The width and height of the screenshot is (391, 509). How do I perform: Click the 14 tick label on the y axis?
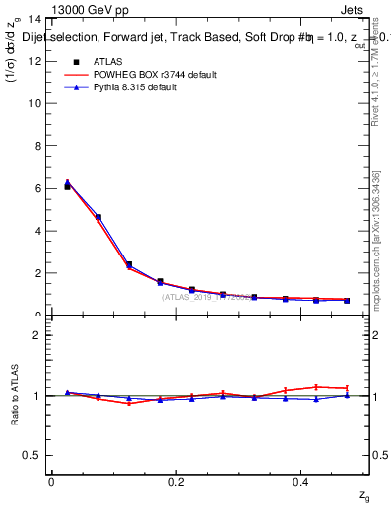pos(35,19)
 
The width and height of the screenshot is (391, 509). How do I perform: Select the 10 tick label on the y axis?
pos(35,103)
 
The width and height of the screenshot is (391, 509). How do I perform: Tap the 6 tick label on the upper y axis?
pos(38,188)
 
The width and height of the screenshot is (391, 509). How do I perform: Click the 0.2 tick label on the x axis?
pos(176,481)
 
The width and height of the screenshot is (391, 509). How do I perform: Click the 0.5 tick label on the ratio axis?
pos(33,455)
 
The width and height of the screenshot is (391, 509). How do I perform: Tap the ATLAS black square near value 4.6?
pos(98,217)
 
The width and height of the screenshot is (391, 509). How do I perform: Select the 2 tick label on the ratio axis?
pos(37,335)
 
